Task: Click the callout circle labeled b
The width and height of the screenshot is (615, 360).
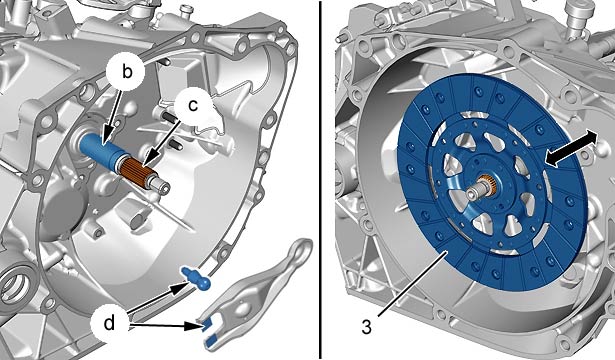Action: point(126,72)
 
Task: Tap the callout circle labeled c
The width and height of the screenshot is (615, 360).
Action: point(193,105)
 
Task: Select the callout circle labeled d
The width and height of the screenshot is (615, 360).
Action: point(109,323)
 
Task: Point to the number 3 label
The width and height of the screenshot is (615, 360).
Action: point(366,327)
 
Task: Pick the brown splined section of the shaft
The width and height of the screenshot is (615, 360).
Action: point(138,169)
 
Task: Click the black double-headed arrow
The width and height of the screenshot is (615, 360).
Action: point(571,149)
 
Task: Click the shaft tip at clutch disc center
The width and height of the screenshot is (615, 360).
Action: point(476,192)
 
